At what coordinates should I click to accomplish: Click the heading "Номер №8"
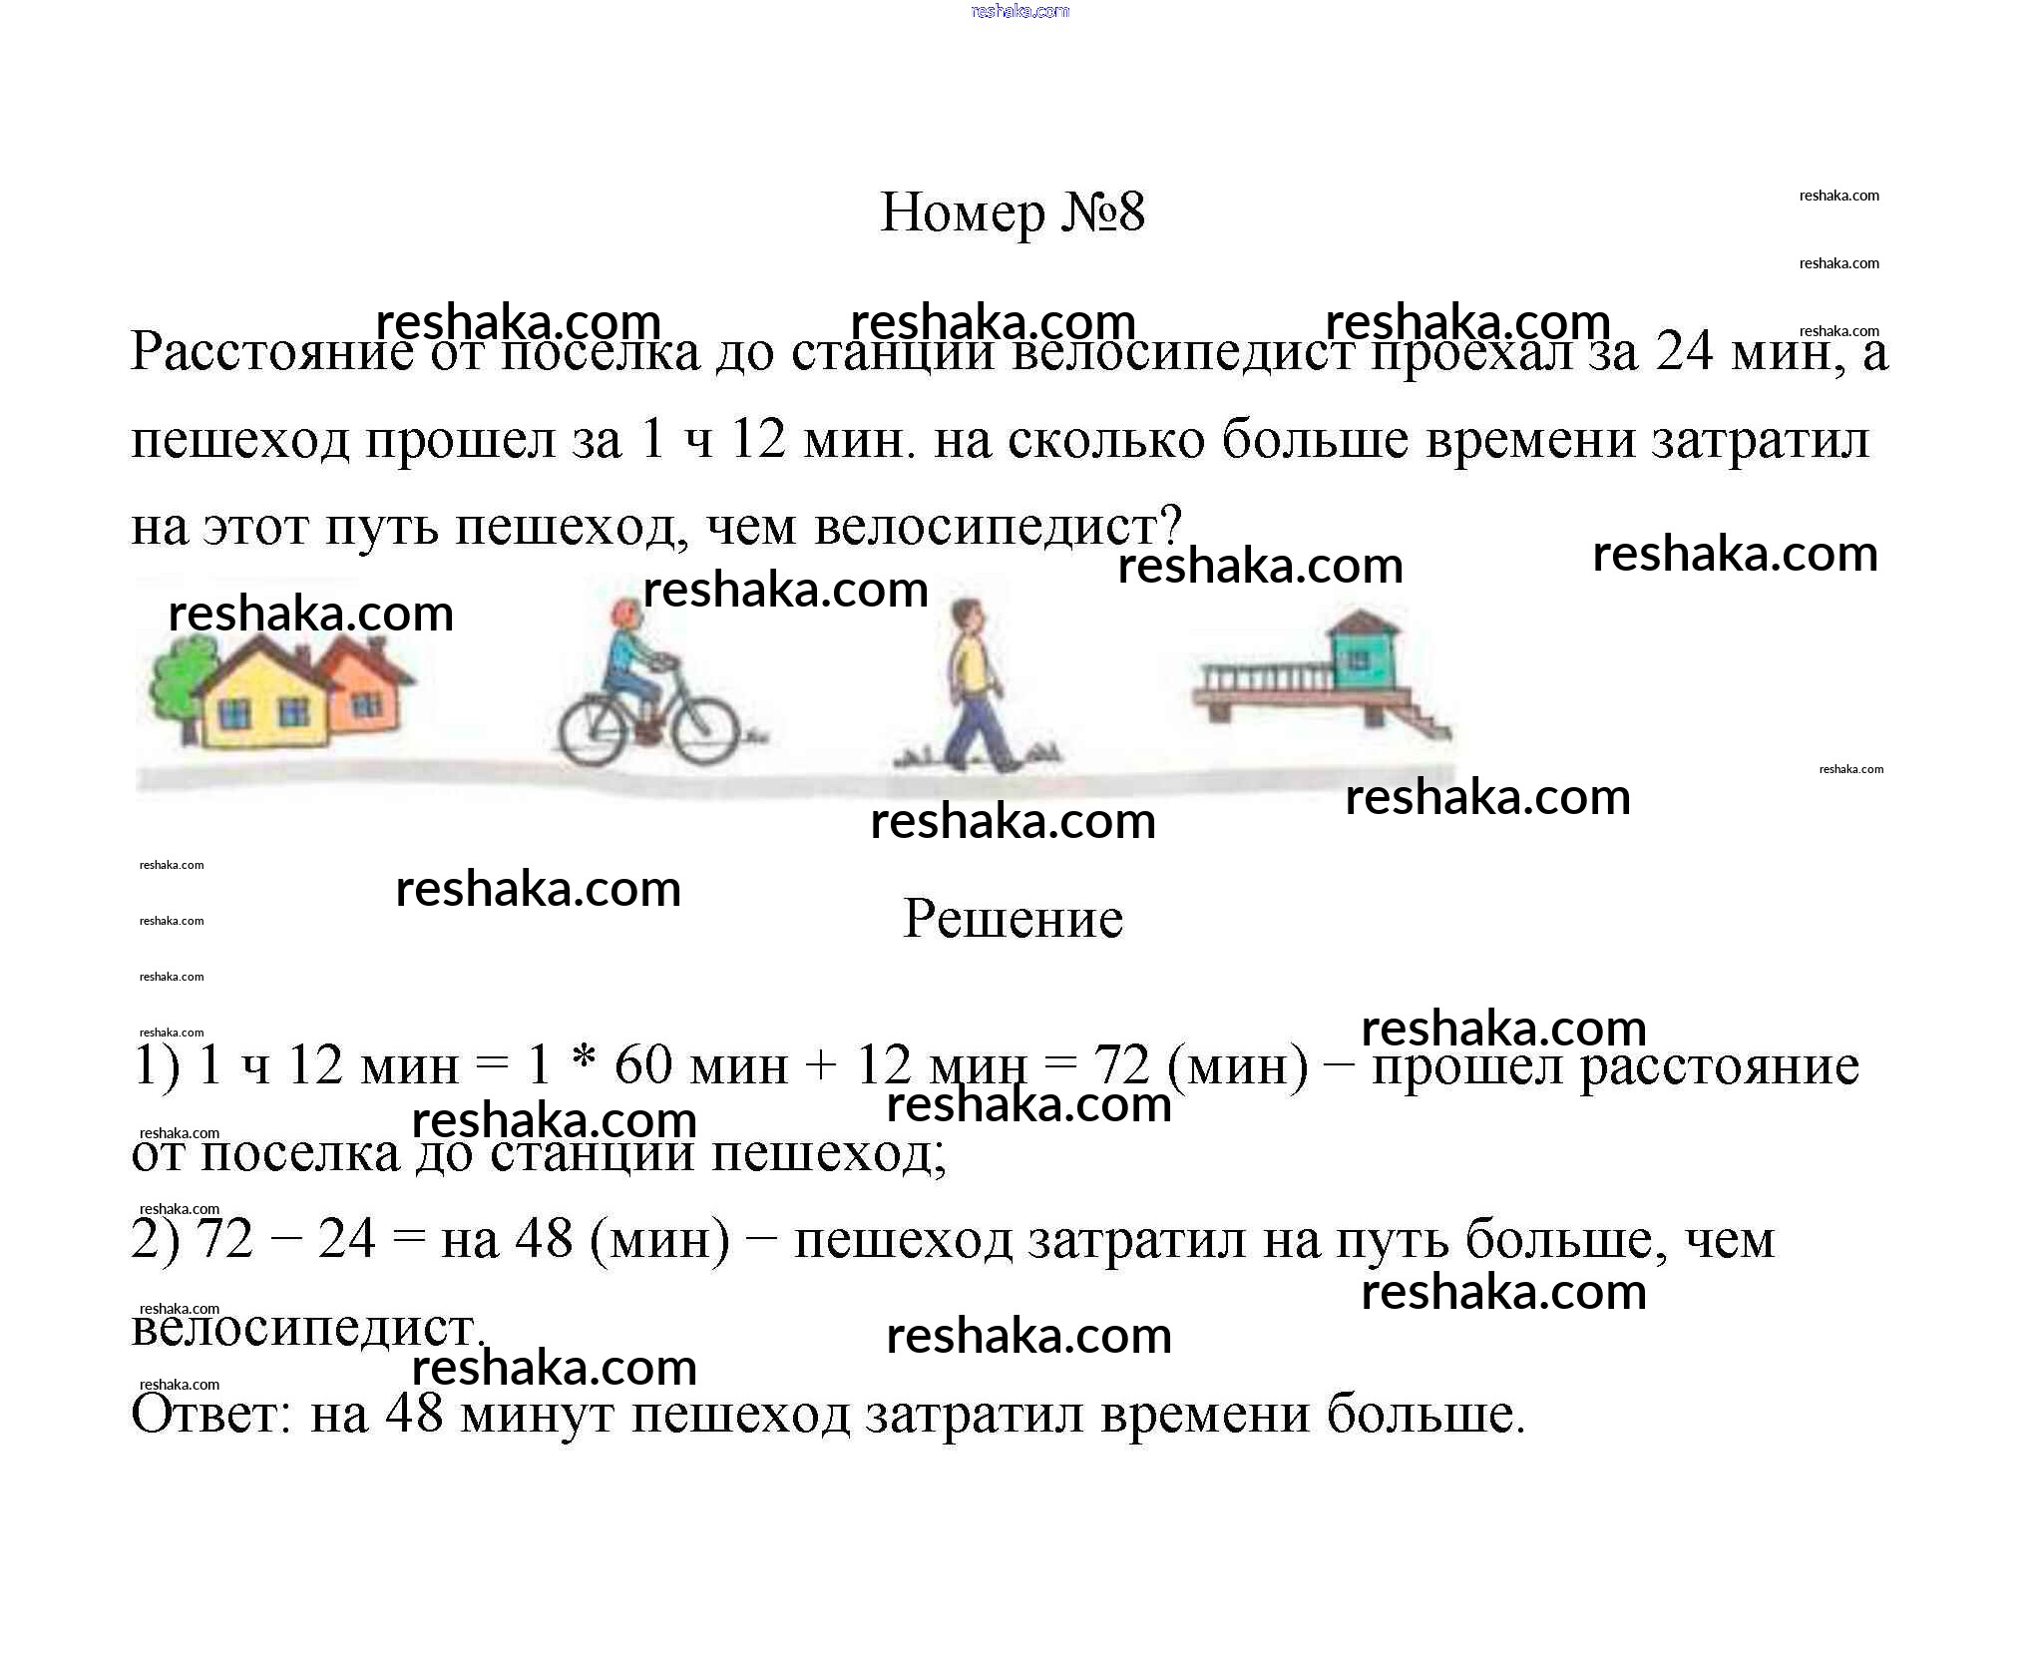coord(1013,212)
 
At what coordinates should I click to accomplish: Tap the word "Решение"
coord(1013,919)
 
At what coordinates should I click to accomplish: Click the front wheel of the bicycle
coord(703,732)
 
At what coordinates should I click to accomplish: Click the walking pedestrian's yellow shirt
coord(968,666)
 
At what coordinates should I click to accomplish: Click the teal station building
coord(1363,653)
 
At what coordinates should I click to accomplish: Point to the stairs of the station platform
coord(1417,715)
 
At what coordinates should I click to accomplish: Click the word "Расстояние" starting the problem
coord(271,352)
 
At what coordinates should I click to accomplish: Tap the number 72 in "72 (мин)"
coord(1124,1065)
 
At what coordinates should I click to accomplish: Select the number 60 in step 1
coord(643,1065)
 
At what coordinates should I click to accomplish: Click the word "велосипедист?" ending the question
coord(999,527)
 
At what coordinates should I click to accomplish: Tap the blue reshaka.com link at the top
coord(1019,12)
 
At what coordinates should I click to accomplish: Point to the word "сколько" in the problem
coord(1107,440)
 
